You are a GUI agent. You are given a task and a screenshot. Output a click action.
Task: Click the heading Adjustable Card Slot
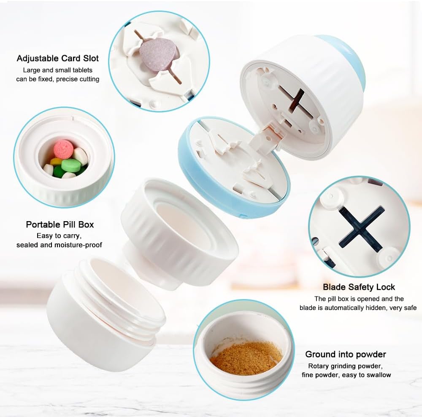tap(58, 58)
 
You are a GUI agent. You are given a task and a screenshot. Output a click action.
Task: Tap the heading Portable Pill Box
tap(60, 225)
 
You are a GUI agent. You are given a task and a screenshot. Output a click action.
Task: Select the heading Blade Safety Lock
tap(359, 287)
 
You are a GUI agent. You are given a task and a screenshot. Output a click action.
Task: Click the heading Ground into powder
tap(346, 354)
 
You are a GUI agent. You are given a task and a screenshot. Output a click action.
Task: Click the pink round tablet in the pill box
tap(63, 149)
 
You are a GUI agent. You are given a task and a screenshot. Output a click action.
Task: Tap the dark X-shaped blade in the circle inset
tap(361, 228)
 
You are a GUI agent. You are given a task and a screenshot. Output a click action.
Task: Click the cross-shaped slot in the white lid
tap(292, 101)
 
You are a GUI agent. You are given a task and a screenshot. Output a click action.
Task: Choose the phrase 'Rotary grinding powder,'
tap(345, 366)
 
